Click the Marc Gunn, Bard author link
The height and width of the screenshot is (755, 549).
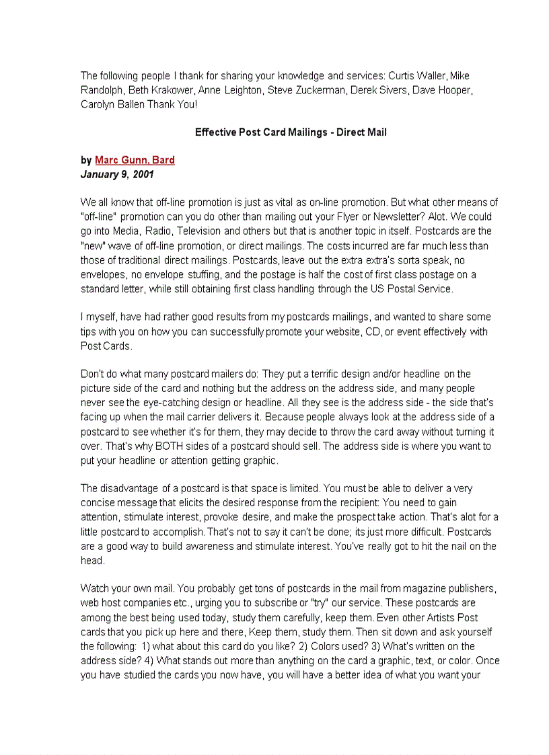[135, 160]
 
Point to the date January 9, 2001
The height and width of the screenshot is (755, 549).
[117, 174]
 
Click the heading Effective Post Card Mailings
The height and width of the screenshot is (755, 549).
[291, 132]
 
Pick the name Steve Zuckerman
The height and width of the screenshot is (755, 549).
[307, 90]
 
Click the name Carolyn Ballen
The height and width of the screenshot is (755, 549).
[108, 104]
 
